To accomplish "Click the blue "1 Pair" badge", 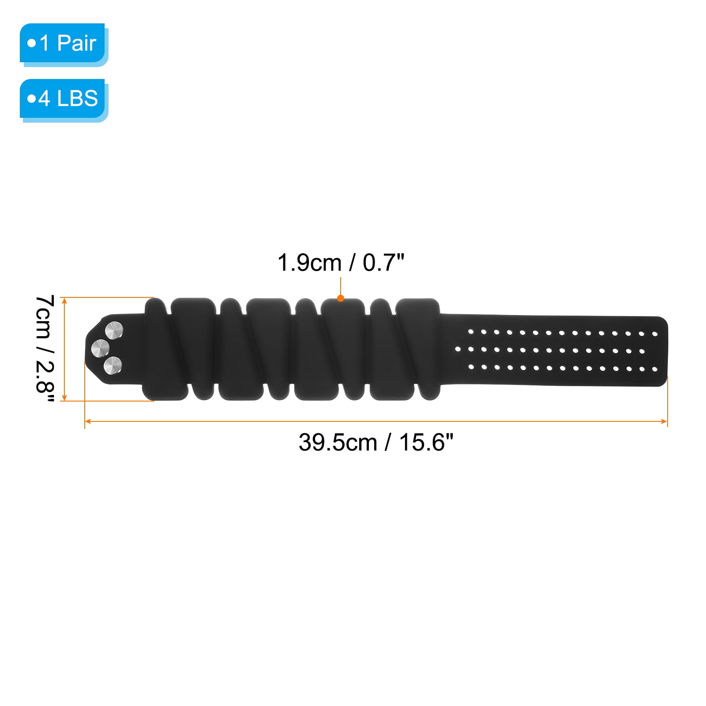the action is tap(62, 43).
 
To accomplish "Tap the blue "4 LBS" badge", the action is tap(62, 98).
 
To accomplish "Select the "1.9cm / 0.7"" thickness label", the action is tap(341, 263).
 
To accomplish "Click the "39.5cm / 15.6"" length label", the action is tap(376, 442).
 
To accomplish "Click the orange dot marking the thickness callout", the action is tap(341, 298).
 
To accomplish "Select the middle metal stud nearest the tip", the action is tap(100, 348).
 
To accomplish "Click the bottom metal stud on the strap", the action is tap(113, 366).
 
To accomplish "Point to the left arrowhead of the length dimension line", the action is tap(87, 421).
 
